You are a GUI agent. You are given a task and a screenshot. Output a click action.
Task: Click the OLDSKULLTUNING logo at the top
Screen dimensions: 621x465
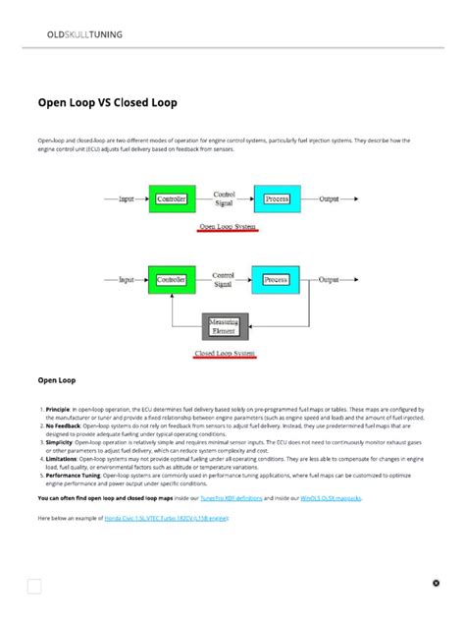click(x=84, y=34)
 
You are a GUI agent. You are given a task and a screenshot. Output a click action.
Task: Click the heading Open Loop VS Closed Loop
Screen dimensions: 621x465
click(x=108, y=101)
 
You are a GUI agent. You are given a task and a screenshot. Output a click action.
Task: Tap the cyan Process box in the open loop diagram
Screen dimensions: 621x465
click(x=277, y=198)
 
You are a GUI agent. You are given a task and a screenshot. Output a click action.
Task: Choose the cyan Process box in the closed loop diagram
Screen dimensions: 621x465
click(x=276, y=280)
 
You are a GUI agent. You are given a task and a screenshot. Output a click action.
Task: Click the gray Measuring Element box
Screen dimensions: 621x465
click(x=226, y=325)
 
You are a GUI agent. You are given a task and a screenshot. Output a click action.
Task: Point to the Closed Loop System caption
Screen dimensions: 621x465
click(x=226, y=353)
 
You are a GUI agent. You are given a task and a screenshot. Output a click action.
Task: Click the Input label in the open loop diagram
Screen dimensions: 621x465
click(x=127, y=199)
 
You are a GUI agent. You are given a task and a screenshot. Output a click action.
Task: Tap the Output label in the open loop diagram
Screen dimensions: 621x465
click(x=330, y=198)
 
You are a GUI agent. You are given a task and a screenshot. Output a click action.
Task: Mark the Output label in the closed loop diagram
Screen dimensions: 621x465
click(x=330, y=279)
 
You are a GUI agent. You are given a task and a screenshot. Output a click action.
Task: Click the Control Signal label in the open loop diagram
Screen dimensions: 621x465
click(x=224, y=198)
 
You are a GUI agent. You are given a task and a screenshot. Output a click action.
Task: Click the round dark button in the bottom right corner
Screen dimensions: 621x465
click(x=437, y=583)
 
